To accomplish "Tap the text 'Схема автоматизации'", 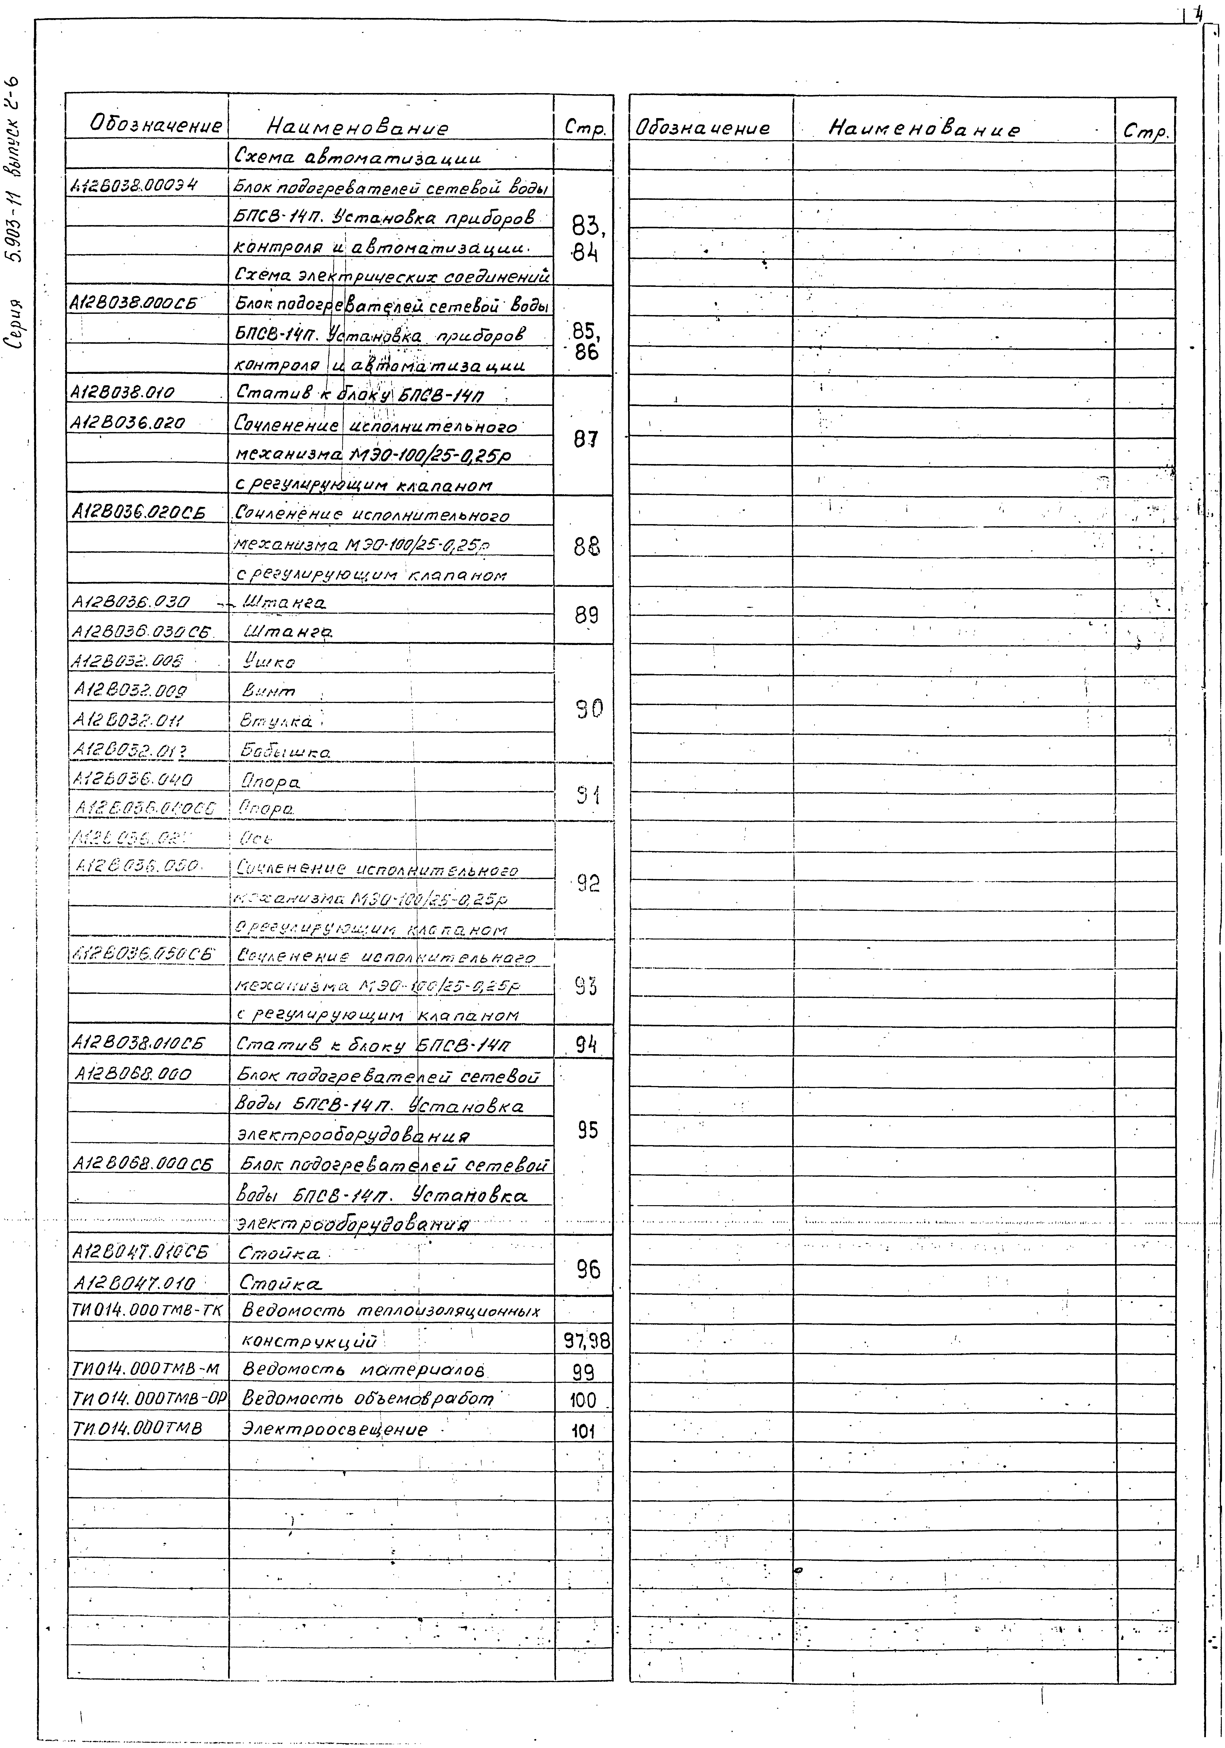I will click(358, 158).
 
